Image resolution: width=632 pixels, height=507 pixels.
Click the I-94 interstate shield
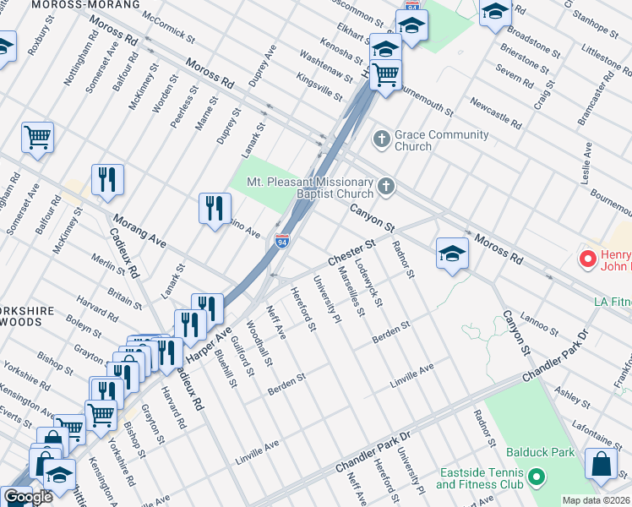point(282,242)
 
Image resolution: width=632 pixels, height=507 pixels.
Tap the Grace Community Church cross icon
point(381,138)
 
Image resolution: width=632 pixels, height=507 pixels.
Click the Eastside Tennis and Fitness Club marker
point(536,480)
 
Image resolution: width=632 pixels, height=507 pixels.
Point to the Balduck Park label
point(540,453)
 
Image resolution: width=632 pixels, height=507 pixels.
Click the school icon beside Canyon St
point(452,252)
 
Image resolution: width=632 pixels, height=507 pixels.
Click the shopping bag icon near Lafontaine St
point(601,465)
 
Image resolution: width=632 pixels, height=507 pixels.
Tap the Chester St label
point(350,250)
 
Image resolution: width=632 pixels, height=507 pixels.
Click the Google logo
point(28,497)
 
